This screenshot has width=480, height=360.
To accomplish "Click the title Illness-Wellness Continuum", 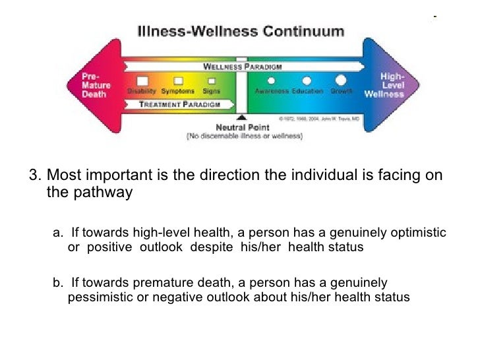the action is (240, 32).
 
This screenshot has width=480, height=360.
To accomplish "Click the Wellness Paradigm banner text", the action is (242, 67).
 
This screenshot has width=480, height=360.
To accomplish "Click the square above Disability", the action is (142, 81).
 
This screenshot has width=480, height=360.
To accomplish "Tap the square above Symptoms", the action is (178, 81).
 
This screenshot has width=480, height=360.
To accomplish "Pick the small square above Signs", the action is (212, 81).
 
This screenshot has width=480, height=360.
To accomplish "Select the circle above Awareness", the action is (271, 80).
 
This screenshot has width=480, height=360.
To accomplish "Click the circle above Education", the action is (306, 80).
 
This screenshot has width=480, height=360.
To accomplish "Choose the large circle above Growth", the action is (341, 80).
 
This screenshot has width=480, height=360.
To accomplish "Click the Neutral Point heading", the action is (242, 127).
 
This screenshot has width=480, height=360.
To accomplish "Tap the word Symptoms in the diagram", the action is (178, 91).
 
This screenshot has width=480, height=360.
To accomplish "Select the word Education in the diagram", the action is (307, 91).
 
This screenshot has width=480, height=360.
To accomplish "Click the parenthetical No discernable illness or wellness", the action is (244, 136).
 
